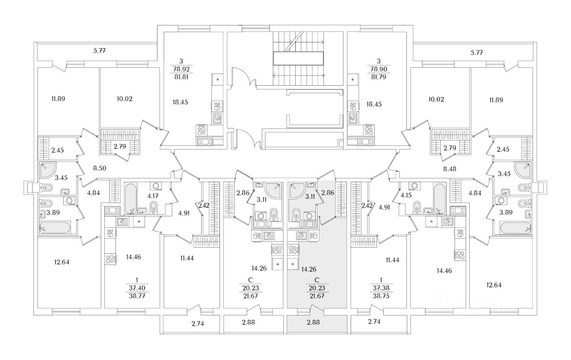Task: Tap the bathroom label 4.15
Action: click(405, 195)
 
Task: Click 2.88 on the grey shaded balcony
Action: click(316, 322)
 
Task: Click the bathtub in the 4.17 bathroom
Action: click(130, 198)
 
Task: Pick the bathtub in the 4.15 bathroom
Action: click(439, 198)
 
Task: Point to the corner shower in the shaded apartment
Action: click(295, 190)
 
